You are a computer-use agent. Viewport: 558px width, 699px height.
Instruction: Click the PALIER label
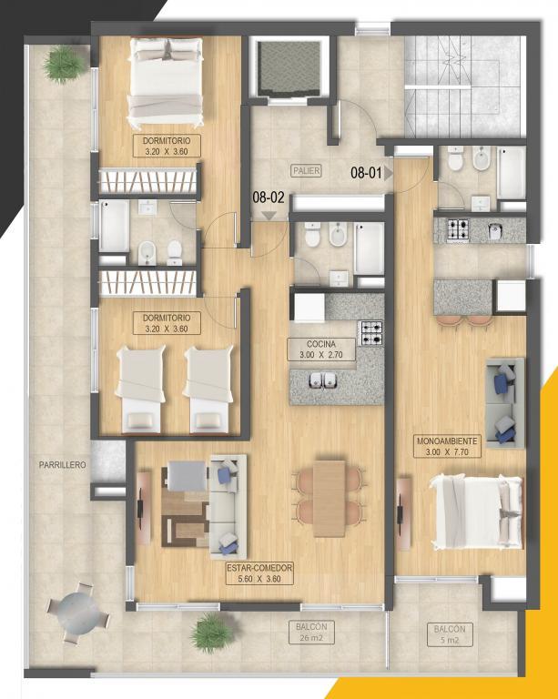[307, 170]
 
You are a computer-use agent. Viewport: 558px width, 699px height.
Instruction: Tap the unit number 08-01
[366, 173]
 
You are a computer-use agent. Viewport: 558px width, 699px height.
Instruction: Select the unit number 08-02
[269, 197]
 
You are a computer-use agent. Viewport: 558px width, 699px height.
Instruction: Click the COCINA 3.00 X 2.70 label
[321, 349]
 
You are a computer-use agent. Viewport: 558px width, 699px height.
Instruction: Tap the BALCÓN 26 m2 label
[311, 633]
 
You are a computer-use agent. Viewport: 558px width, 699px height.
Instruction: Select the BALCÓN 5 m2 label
[450, 634]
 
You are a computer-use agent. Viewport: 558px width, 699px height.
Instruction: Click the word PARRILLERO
[63, 465]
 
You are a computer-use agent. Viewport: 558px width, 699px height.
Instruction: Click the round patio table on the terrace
[78, 612]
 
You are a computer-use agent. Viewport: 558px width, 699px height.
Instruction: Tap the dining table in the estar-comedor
[330, 499]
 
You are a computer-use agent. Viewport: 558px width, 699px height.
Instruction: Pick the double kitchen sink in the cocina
[323, 380]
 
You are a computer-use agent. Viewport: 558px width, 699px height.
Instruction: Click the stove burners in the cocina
[371, 333]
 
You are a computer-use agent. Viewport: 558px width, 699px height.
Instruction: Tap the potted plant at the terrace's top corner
[66, 66]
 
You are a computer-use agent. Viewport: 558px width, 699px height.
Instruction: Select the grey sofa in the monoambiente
[505, 402]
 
